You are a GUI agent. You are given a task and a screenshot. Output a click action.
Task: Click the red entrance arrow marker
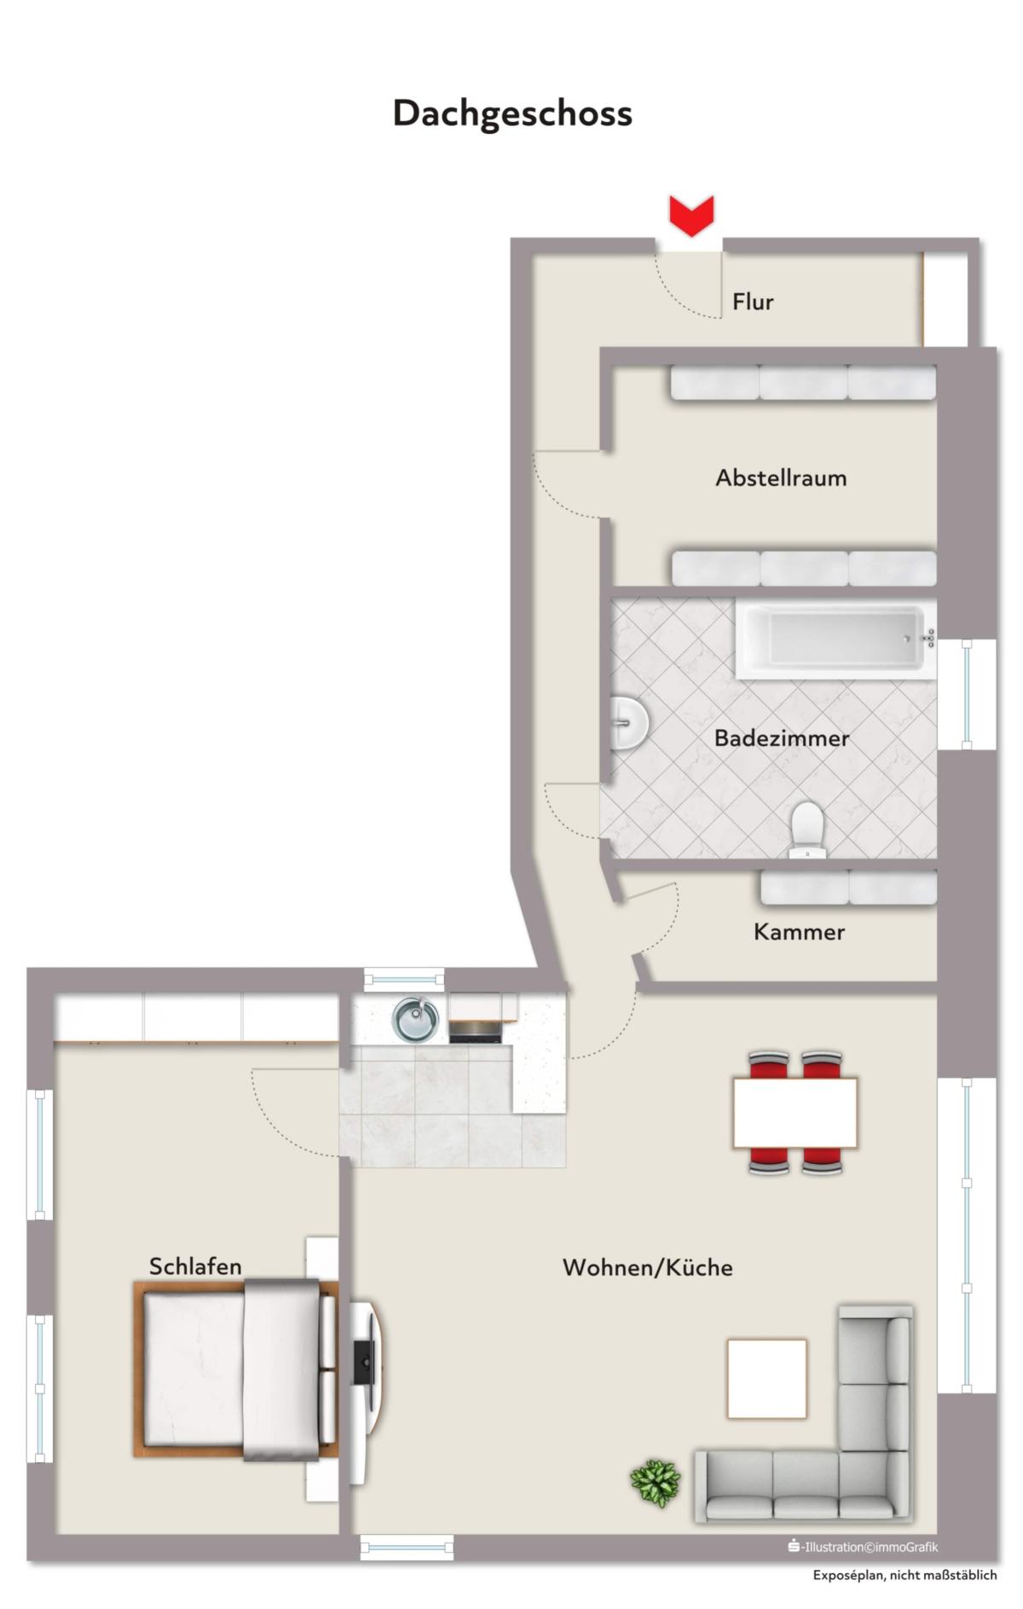[691, 216]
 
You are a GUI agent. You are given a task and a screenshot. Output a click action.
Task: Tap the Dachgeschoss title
[512, 113]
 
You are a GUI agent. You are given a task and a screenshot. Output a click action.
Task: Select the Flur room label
[753, 302]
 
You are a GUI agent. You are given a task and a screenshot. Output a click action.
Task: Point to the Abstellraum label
[781, 477]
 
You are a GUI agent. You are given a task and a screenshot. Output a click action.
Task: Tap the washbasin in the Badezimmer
[629, 722]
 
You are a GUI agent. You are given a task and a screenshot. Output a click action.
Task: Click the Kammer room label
[799, 931]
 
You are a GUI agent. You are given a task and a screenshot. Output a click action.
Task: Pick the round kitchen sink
[415, 1019]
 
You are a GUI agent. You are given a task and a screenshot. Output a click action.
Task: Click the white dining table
[795, 1113]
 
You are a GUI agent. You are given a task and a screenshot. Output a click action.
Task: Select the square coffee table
[766, 1379]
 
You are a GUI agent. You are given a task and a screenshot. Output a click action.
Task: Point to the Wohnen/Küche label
[647, 1267]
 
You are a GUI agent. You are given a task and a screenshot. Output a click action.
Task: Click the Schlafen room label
[195, 1266]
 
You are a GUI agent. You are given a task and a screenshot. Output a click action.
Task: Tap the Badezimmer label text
[782, 738]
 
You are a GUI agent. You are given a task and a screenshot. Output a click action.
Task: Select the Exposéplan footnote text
[905, 1576]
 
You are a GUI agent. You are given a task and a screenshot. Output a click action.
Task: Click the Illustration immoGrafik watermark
[863, 1547]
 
